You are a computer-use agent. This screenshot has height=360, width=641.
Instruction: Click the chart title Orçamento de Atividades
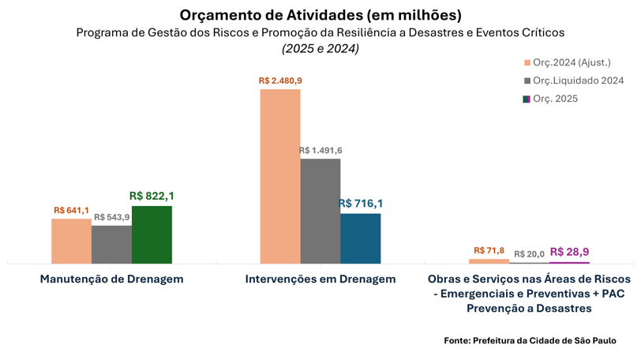[x=320, y=15]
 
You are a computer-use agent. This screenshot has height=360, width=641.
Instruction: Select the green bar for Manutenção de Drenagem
[x=152, y=234]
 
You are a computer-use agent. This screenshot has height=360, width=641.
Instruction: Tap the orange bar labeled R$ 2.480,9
[x=280, y=175]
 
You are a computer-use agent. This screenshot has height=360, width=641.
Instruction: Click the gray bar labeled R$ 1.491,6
[x=320, y=211]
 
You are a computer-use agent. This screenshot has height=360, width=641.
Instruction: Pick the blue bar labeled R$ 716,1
[x=361, y=238]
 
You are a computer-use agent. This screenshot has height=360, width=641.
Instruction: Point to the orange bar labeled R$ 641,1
[x=71, y=241]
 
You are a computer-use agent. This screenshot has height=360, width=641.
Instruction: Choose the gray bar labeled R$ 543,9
[x=111, y=244]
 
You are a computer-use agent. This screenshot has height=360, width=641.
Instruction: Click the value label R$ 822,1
[x=152, y=196]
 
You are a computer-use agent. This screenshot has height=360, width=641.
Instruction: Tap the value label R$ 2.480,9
[x=280, y=81]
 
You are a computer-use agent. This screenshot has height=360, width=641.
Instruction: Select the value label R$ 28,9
[x=569, y=252]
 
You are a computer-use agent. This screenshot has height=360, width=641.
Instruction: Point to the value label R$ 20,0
[x=529, y=254]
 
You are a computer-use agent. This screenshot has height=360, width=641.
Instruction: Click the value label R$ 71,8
[x=489, y=250]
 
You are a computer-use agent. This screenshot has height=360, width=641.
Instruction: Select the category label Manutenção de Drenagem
[x=112, y=279]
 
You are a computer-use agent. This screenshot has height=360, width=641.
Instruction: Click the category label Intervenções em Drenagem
[x=320, y=279]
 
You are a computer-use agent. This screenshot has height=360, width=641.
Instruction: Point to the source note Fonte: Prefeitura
[x=530, y=340]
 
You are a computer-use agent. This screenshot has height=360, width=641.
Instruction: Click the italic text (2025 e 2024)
[x=320, y=48]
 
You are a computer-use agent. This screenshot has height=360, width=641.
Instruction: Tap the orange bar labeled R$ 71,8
[x=489, y=261]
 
